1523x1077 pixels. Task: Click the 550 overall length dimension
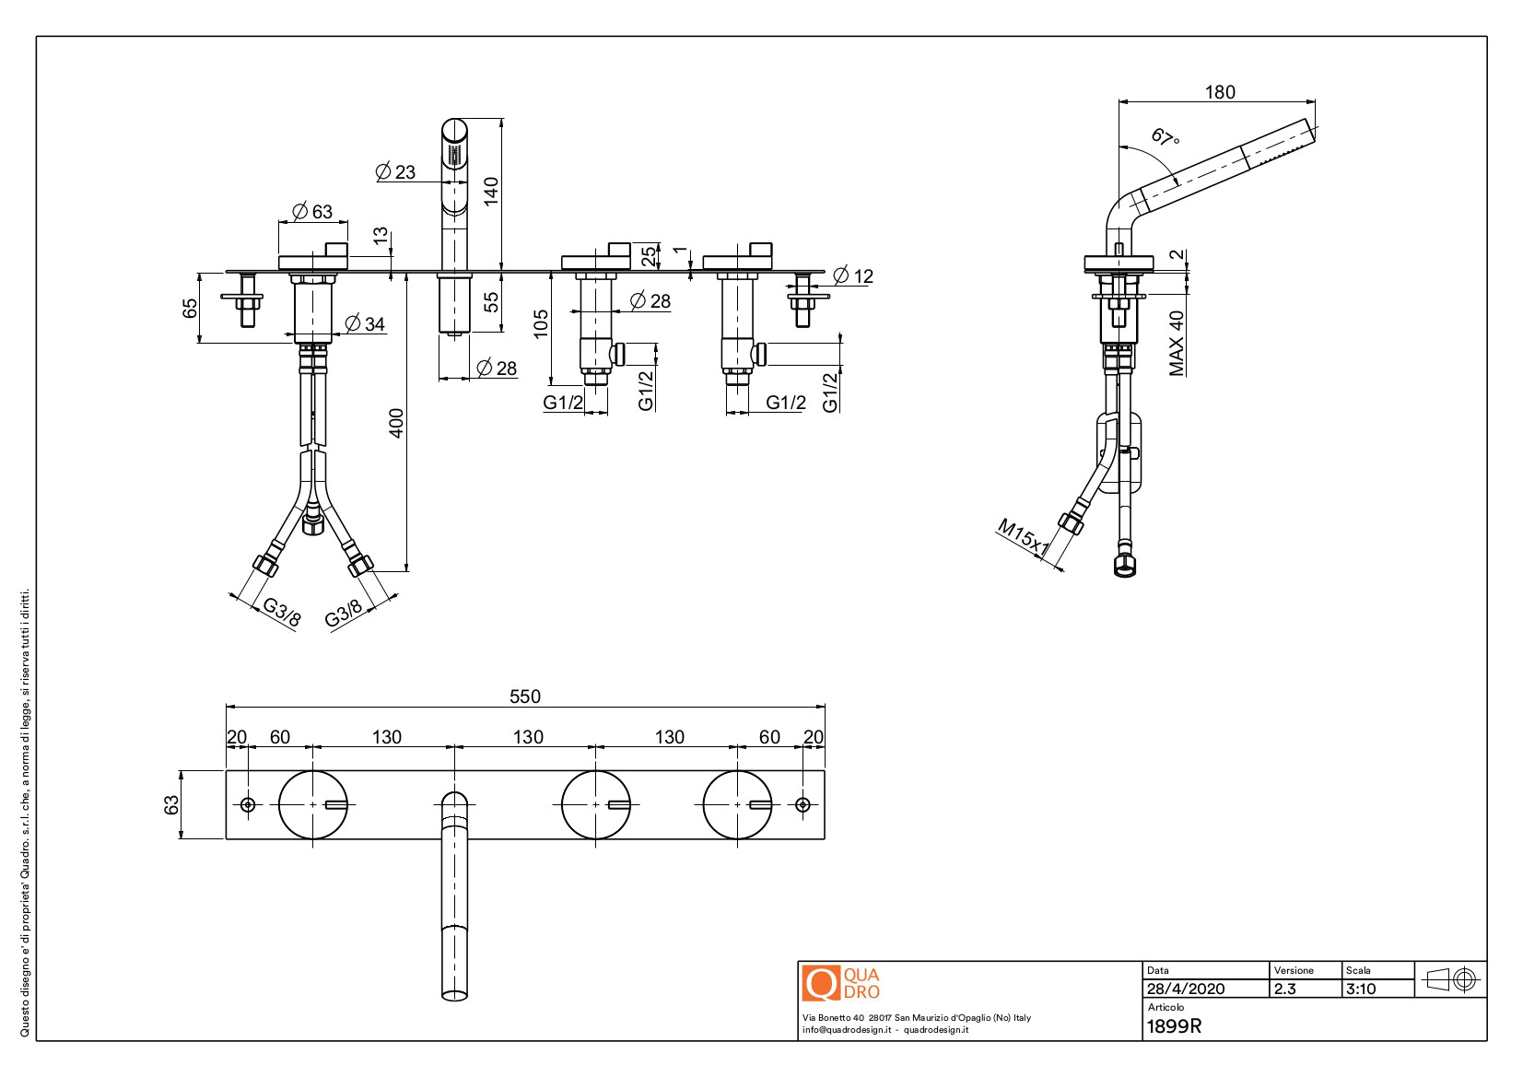(x=525, y=697)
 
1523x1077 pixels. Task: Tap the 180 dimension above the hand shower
(x=1220, y=92)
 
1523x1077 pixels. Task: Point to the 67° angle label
(x=1165, y=138)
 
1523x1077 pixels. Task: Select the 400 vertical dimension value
(x=396, y=423)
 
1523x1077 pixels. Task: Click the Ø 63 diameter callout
(x=312, y=212)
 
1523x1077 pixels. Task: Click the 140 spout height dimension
(x=491, y=191)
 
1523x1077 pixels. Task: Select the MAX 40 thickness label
(x=1177, y=343)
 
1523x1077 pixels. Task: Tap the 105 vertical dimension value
(x=541, y=323)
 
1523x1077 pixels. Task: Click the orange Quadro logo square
(x=821, y=983)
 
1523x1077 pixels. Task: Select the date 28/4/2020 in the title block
(x=1186, y=989)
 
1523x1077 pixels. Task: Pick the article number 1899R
(x=1174, y=1026)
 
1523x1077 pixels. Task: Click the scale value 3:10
(x=1361, y=989)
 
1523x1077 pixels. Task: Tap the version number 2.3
(x=1284, y=989)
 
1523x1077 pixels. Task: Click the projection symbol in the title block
(x=1451, y=979)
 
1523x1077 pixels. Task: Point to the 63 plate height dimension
(x=171, y=804)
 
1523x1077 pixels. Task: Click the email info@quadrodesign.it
(x=843, y=1030)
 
